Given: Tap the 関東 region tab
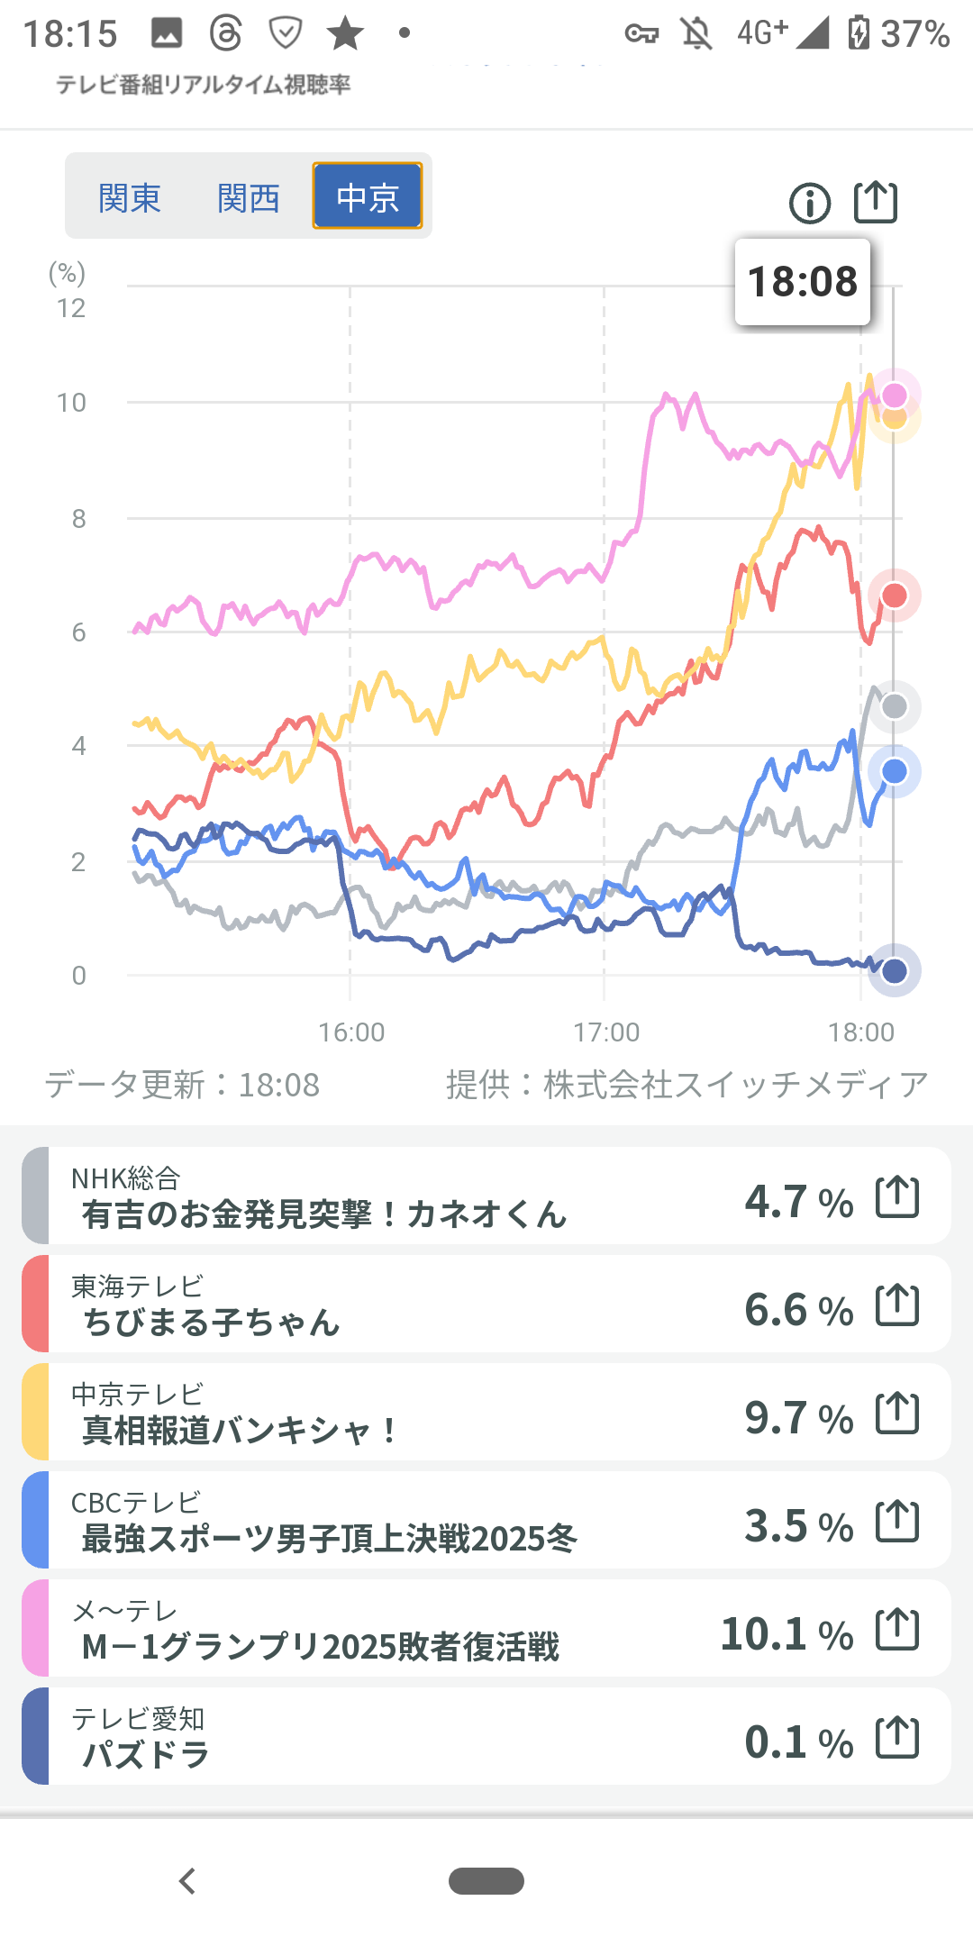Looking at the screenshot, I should [x=130, y=197].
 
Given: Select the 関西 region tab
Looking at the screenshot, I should [x=249, y=197].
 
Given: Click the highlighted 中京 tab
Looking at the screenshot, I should [x=368, y=196].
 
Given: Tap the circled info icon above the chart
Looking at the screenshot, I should [x=809, y=203].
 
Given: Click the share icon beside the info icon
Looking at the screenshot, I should [x=876, y=202].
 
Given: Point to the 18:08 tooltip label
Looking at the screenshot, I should [x=803, y=282].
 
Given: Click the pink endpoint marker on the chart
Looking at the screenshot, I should [x=894, y=396].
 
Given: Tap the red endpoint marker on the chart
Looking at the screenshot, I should [x=894, y=596].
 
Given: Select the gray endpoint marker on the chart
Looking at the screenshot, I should [x=894, y=706].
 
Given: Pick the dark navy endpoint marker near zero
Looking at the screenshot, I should [x=894, y=971].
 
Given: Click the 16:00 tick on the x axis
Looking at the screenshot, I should [x=351, y=1032].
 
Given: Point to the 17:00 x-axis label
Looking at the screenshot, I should [x=606, y=1032].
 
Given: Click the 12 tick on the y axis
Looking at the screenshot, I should [x=71, y=308].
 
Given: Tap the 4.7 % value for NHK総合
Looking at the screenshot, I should [x=798, y=1201].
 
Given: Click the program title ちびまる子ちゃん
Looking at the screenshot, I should [x=212, y=1323].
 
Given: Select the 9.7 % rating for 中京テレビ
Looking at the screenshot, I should [x=798, y=1417].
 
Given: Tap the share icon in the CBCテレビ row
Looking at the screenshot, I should [x=897, y=1522].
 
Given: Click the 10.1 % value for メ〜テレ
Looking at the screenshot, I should [x=787, y=1633].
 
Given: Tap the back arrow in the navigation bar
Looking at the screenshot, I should [x=187, y=1881].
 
